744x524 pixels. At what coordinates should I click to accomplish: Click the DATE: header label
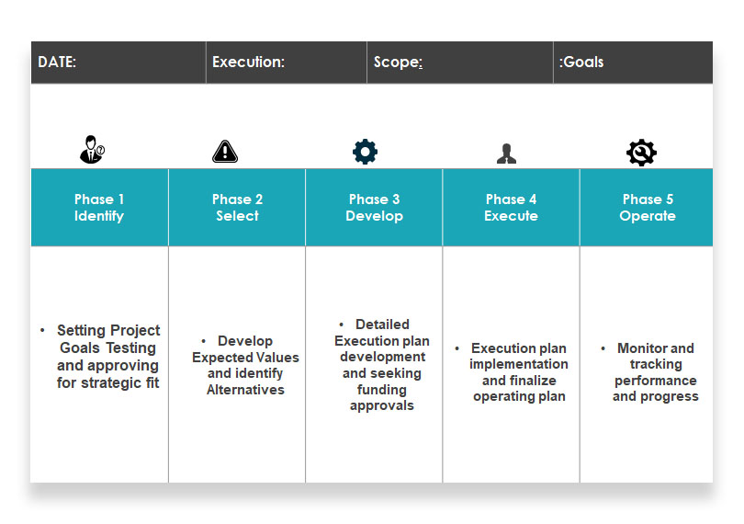(x=57, y=62)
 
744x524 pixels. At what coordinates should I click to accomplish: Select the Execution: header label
(x=248, y=62)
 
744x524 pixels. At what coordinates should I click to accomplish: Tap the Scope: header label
(x=398, y=63)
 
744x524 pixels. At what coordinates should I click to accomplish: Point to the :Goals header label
(x=581, y=62)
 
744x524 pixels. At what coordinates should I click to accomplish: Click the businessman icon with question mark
(x=92, y=150)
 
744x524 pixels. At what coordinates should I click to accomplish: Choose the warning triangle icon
(x=225, y=152)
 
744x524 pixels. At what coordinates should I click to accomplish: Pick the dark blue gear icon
(x=365, y=152)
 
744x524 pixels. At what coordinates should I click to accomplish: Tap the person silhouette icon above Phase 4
(x=506, y=154)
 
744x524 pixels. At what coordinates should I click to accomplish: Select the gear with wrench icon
(x=641, y=153)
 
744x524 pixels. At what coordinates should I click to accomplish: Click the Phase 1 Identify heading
(x=98, y=207)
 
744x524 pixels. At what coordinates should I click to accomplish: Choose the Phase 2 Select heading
(x=237, y=207)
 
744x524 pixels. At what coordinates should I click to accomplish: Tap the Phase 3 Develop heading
(x=375, y=207)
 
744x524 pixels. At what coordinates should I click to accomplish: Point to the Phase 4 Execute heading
(x=511, y=207)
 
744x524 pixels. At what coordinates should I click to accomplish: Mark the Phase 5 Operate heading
(x=648, y=207)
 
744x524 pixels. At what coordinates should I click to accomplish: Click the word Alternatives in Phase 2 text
(x=245, y=390)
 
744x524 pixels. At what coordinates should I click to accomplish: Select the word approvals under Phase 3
(x=382, y=405)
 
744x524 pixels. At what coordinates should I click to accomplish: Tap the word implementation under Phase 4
(x=519, y=364)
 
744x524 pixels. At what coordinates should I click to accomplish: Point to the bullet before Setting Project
(x=42, y=330)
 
